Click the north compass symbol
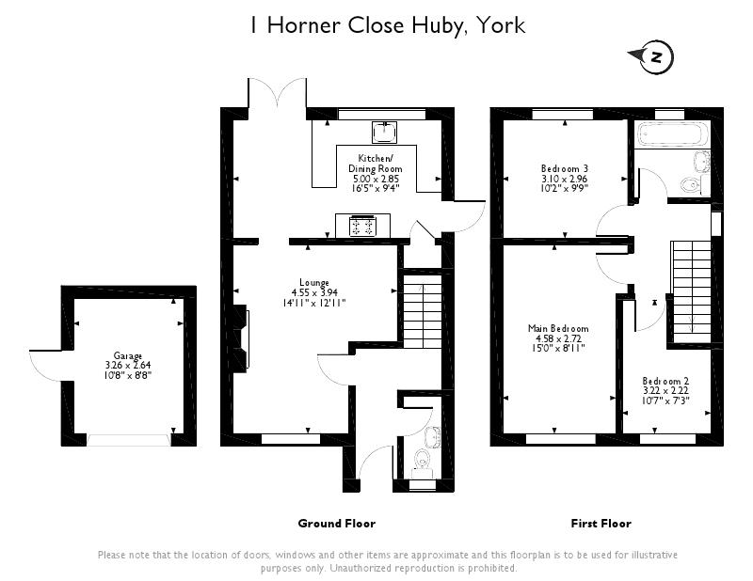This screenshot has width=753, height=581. click(655, 57)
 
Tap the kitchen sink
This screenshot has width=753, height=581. click(385, 132)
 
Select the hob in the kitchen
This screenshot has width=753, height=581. click(362, 226)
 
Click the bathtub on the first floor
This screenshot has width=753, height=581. click(671, 134)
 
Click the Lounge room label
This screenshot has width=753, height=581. click(314, 283)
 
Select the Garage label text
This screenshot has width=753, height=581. click(128, 356)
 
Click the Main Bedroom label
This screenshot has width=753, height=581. click(558, 329)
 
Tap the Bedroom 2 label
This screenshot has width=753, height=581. click(665, 381)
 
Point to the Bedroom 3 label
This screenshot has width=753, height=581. click(564, 168)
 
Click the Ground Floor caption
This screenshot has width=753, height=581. click(337, 524)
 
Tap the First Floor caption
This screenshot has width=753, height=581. click(601, 524)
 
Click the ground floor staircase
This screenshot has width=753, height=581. click(422, 309)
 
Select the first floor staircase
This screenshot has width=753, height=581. click(691, 291)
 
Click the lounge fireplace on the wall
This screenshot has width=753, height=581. click(241, 338)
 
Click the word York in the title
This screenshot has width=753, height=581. click(501, 25)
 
